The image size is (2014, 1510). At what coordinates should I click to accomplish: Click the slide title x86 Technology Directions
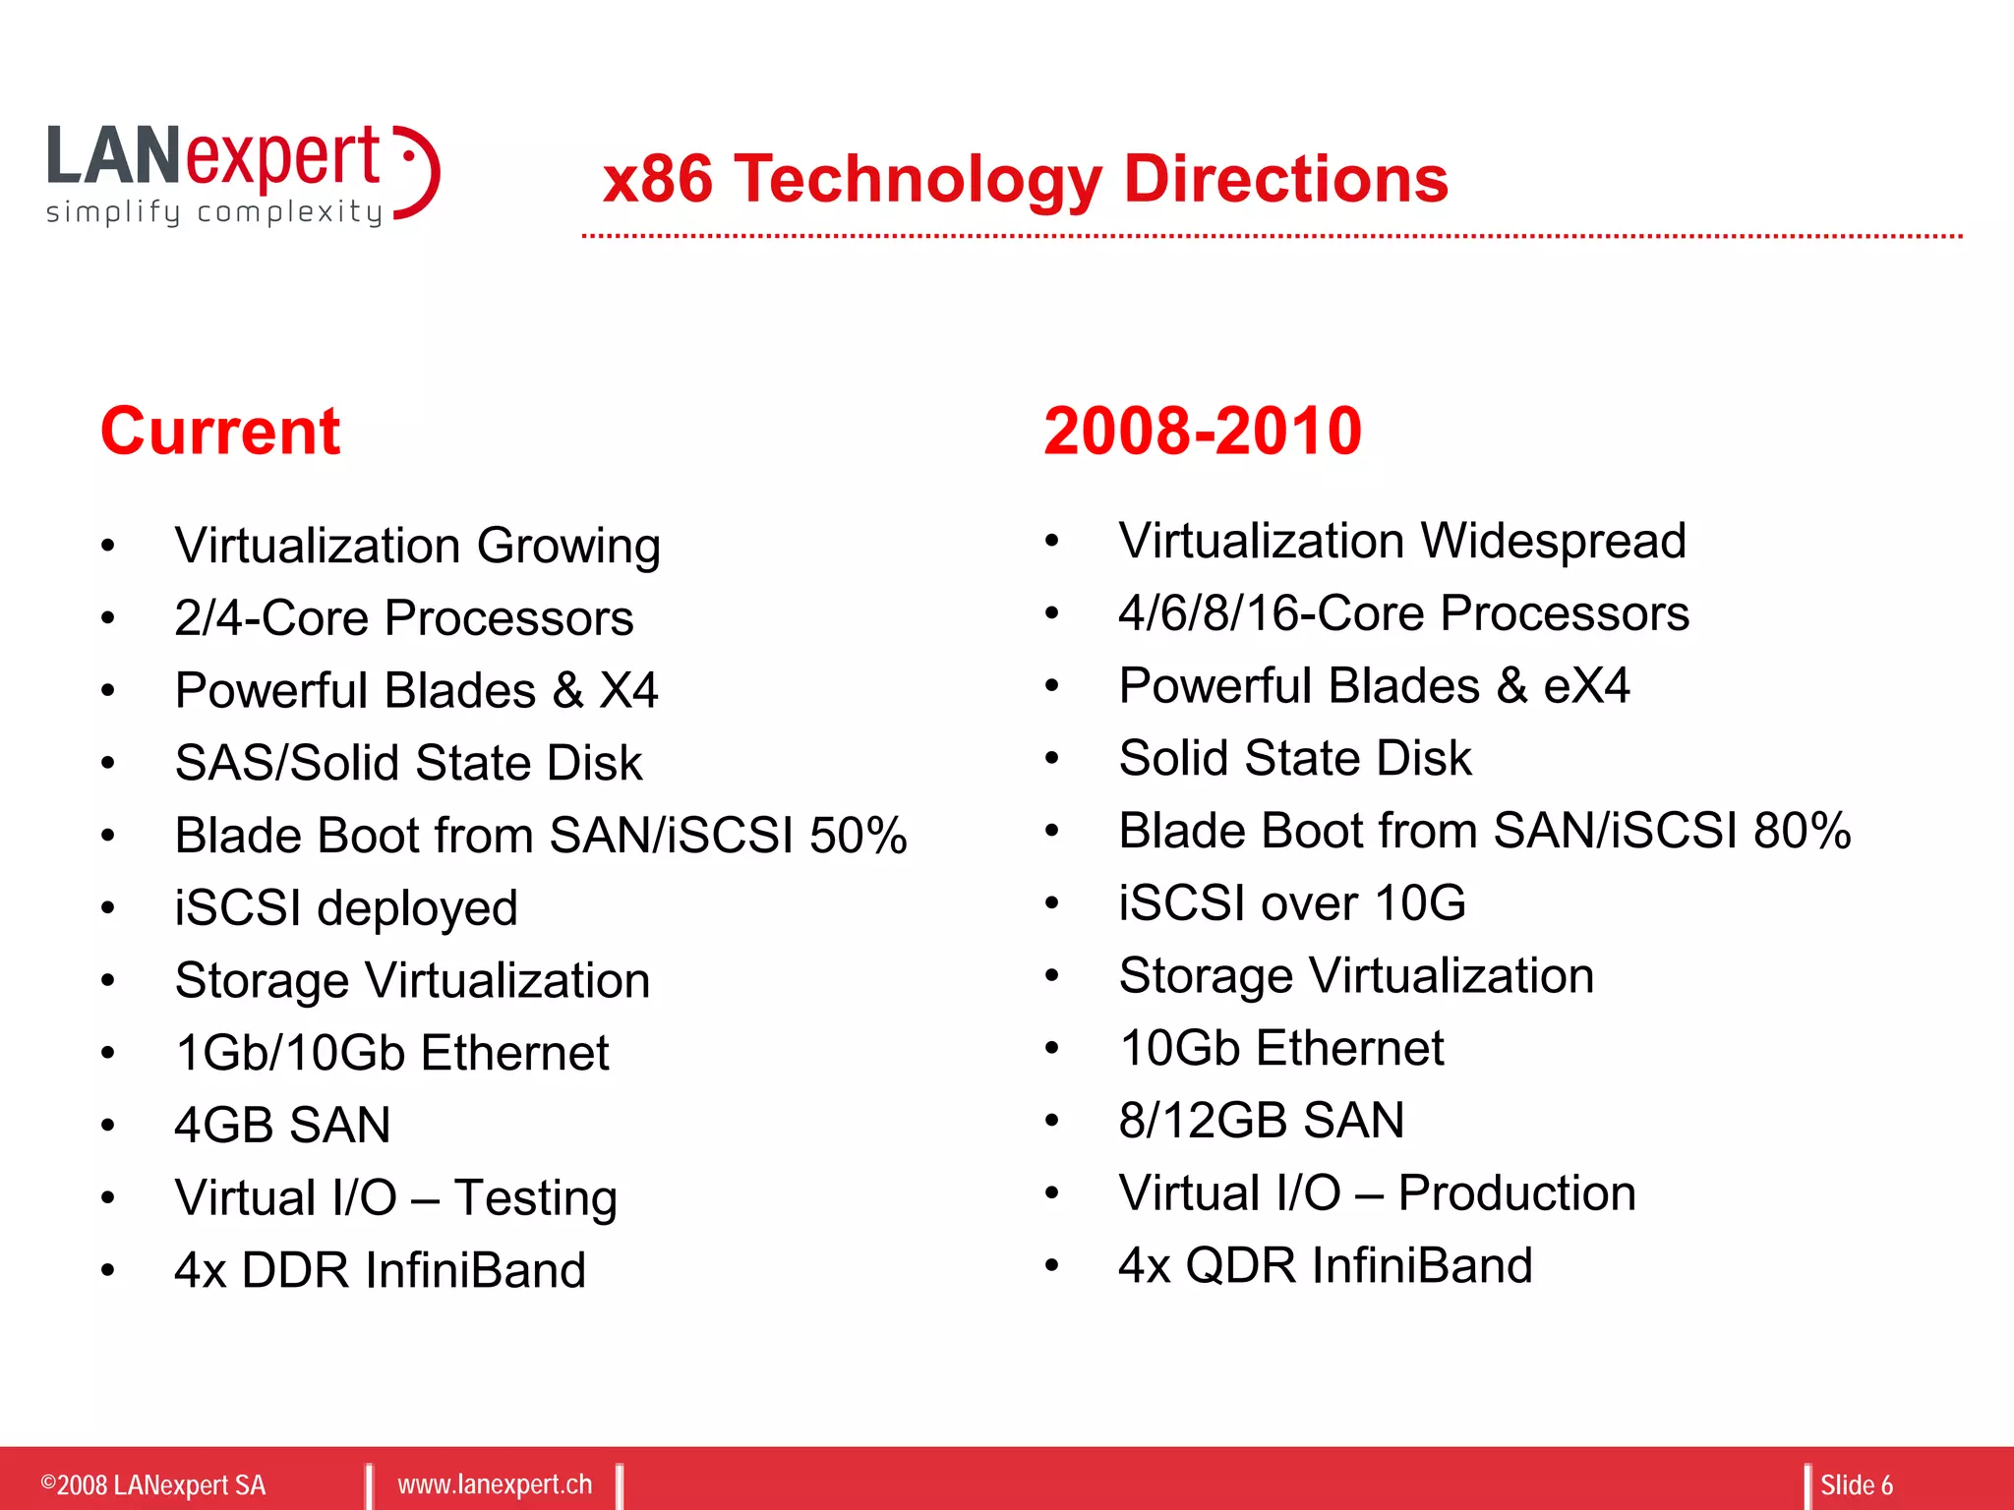[1025, 179]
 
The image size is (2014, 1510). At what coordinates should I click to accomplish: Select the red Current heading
[220, 432]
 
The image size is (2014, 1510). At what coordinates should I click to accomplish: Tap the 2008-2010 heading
[1202, 432]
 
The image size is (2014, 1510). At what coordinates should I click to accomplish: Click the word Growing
[568, 547]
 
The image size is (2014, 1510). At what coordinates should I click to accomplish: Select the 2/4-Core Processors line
[403, 618]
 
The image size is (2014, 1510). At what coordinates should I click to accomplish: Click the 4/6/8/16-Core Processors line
[1403, 613]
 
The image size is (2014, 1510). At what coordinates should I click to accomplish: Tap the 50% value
[858, 836]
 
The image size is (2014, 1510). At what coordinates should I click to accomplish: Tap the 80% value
[1802, 831]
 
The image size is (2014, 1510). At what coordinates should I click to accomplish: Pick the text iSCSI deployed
[345, 907]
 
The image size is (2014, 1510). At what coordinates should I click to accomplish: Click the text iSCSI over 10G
[1291, 902]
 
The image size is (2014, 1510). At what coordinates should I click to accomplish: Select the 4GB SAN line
[282, 1125]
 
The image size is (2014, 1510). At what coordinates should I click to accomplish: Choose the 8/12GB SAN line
[1261, 1121]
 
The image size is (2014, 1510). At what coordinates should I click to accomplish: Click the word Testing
[535, 1198]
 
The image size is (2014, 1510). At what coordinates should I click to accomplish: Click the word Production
[1516, 1193]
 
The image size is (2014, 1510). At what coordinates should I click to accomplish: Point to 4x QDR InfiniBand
[1325, 1265]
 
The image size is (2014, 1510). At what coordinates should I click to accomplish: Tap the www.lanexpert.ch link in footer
[495, 1484]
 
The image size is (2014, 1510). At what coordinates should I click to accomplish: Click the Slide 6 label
[1856, 1484]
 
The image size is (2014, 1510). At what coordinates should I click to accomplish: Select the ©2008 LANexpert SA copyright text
[153, 1484]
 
